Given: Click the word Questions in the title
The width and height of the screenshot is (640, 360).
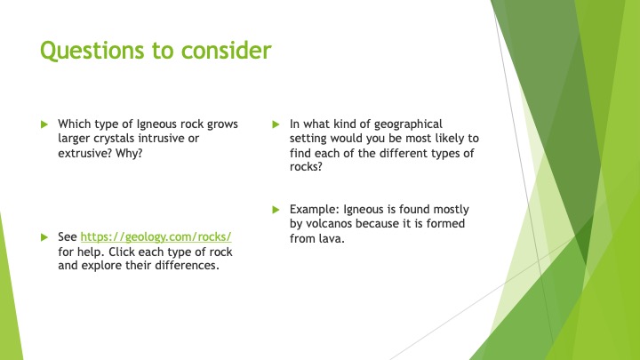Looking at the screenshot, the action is [92, 51].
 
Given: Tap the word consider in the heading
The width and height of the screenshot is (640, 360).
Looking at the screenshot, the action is [226, 50].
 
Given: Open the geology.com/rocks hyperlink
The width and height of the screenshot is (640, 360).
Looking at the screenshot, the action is [156, 237].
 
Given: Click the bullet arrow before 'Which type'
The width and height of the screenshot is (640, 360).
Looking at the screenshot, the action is [44, 124].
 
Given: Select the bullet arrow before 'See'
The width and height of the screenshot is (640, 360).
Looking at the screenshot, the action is [44, 237].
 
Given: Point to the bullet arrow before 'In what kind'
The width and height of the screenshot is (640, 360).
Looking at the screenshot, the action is [276, 124].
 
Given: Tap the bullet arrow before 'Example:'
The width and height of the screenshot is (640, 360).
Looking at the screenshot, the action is [276, 210].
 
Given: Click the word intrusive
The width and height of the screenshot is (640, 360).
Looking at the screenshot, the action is [162, 139].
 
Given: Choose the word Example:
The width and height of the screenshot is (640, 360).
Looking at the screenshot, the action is [315, 210].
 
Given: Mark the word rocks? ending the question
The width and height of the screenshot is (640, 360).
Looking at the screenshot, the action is [306, 166].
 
